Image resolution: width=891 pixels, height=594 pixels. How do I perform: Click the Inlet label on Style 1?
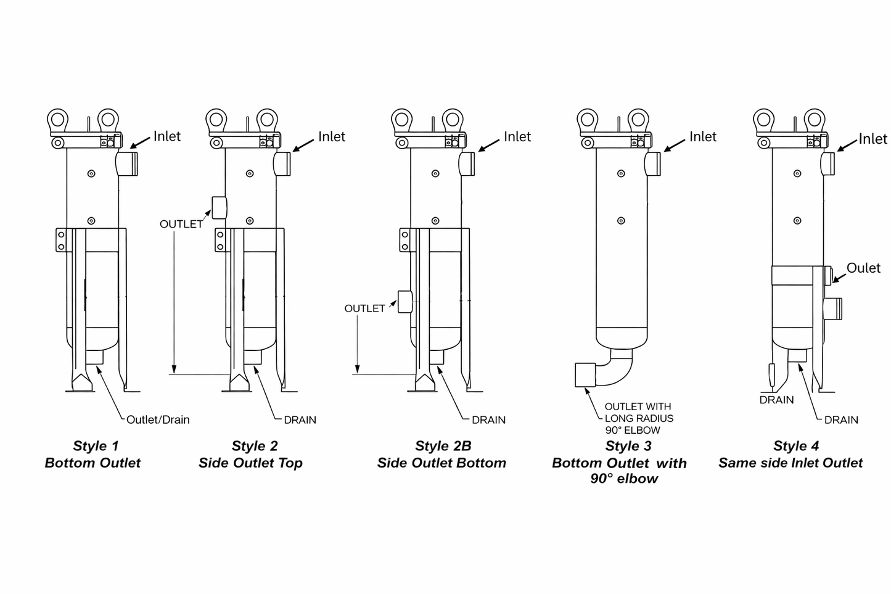pos(166,136)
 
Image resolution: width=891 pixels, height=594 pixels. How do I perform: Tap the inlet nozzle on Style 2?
pos(282,163)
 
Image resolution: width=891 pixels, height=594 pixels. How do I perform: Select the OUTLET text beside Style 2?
pos(181,224)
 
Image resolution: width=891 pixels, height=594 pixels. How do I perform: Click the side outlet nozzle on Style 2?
pos(219,207)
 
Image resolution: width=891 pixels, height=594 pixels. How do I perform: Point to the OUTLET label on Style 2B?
pos(364,308)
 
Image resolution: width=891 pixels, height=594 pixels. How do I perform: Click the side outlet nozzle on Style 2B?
pos(404,301)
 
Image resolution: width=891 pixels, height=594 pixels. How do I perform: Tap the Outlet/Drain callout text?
pos(158,419)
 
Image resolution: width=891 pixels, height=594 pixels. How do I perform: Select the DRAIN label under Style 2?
pos(300,420)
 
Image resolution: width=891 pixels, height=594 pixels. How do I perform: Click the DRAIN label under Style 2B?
pos(488,420)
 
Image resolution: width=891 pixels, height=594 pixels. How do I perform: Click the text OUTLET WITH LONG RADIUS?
pos(638,413)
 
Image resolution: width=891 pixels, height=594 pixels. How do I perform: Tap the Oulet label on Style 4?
pos(863,268)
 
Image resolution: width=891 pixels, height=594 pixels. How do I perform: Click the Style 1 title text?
pos(96,446)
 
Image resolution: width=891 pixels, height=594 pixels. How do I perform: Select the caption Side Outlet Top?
pos(250,463)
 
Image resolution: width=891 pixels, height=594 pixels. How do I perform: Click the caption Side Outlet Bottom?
pos(441,463)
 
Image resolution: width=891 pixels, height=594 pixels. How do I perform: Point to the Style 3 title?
pos(628,446)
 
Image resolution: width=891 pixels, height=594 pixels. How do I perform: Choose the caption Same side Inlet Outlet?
pos(790,463)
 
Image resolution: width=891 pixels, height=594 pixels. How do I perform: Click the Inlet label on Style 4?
pos(873,139)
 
